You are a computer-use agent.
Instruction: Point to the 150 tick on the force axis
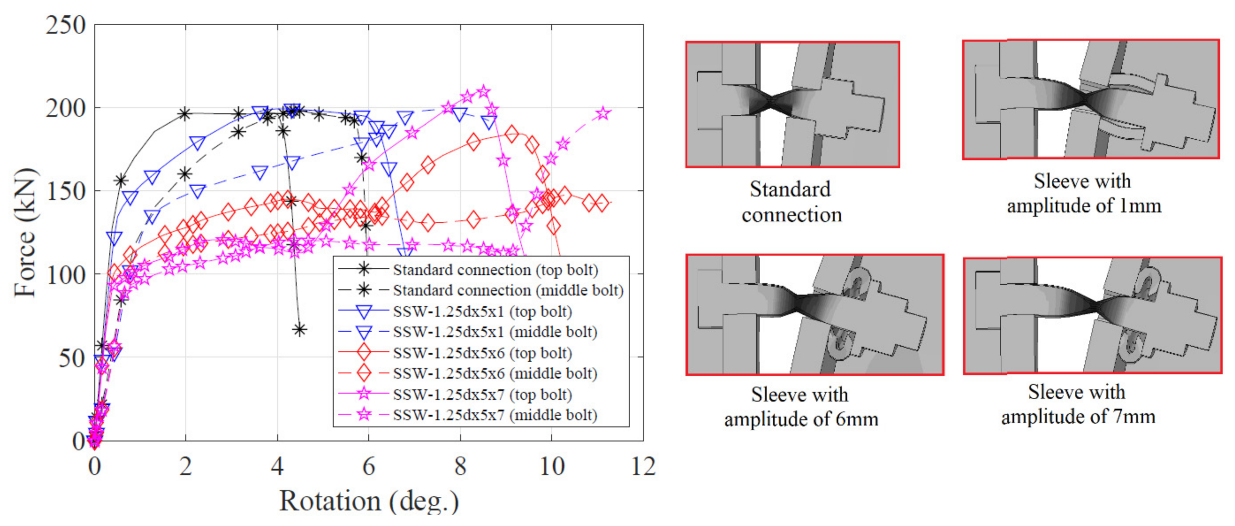click(x=66, y=191)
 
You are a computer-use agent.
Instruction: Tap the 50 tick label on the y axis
click(x=72, y=358)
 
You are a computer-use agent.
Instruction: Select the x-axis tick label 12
click(x=643, y=466)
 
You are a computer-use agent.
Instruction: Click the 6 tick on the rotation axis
click(x=368, y=466)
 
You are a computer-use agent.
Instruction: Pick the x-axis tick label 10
click(x=552, y=466)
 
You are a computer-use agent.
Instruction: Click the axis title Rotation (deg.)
click(x=369, y=501)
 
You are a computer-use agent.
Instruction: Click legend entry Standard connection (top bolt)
click(x=495, y=270)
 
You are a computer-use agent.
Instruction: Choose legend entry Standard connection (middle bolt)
click(x=508, y=291)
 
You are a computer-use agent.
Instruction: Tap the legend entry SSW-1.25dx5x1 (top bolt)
click(x=482, y=312)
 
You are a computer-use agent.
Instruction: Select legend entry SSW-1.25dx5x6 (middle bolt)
click(x=495, y=373)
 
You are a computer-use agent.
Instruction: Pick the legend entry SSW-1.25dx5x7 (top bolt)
click(x=482, y=395)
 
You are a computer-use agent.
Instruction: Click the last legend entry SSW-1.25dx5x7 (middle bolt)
click(x=495, y=415)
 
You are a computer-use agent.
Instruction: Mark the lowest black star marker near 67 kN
click(x=300, y=330)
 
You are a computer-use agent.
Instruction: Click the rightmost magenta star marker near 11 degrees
click(x=604, y=114)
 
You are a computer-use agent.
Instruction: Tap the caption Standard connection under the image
click(x=792, y=202)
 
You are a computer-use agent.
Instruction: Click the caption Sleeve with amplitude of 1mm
click(x=1083, y=193)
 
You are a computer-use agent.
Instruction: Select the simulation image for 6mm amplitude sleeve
click(x=814, y=315)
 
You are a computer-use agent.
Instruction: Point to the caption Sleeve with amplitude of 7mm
click(x=1078, y=404)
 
